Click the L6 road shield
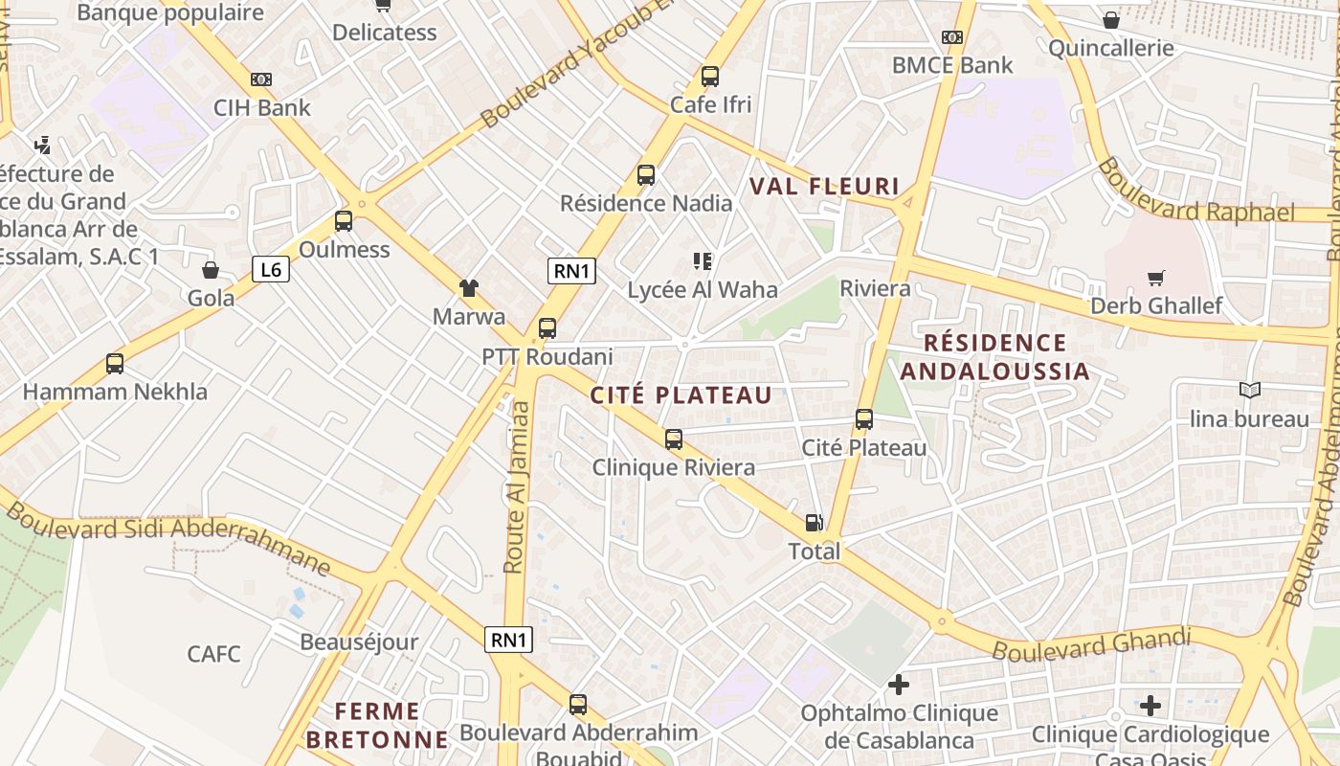pos(271,269)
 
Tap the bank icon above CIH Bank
pos(260,79)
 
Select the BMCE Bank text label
pos(951,65)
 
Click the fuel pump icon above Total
pos(814,523)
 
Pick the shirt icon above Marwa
pos(468,287)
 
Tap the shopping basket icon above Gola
pos(211,270)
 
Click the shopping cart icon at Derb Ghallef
pos(1156,278)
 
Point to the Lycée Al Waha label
pos(703,289)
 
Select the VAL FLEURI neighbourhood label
pos(824,186)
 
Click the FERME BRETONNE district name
pos(377,725)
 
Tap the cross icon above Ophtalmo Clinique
pos(898,685)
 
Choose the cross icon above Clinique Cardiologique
pos(1150,707)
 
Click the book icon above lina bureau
pos(1249,390)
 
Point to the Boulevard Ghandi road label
pos(1091,643)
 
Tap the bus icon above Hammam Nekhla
pos(115,364)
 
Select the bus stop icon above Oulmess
pos(344,221)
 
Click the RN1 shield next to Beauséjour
pos(508,640)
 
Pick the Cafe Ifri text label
pos(710,104)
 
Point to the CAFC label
pos(213,654)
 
